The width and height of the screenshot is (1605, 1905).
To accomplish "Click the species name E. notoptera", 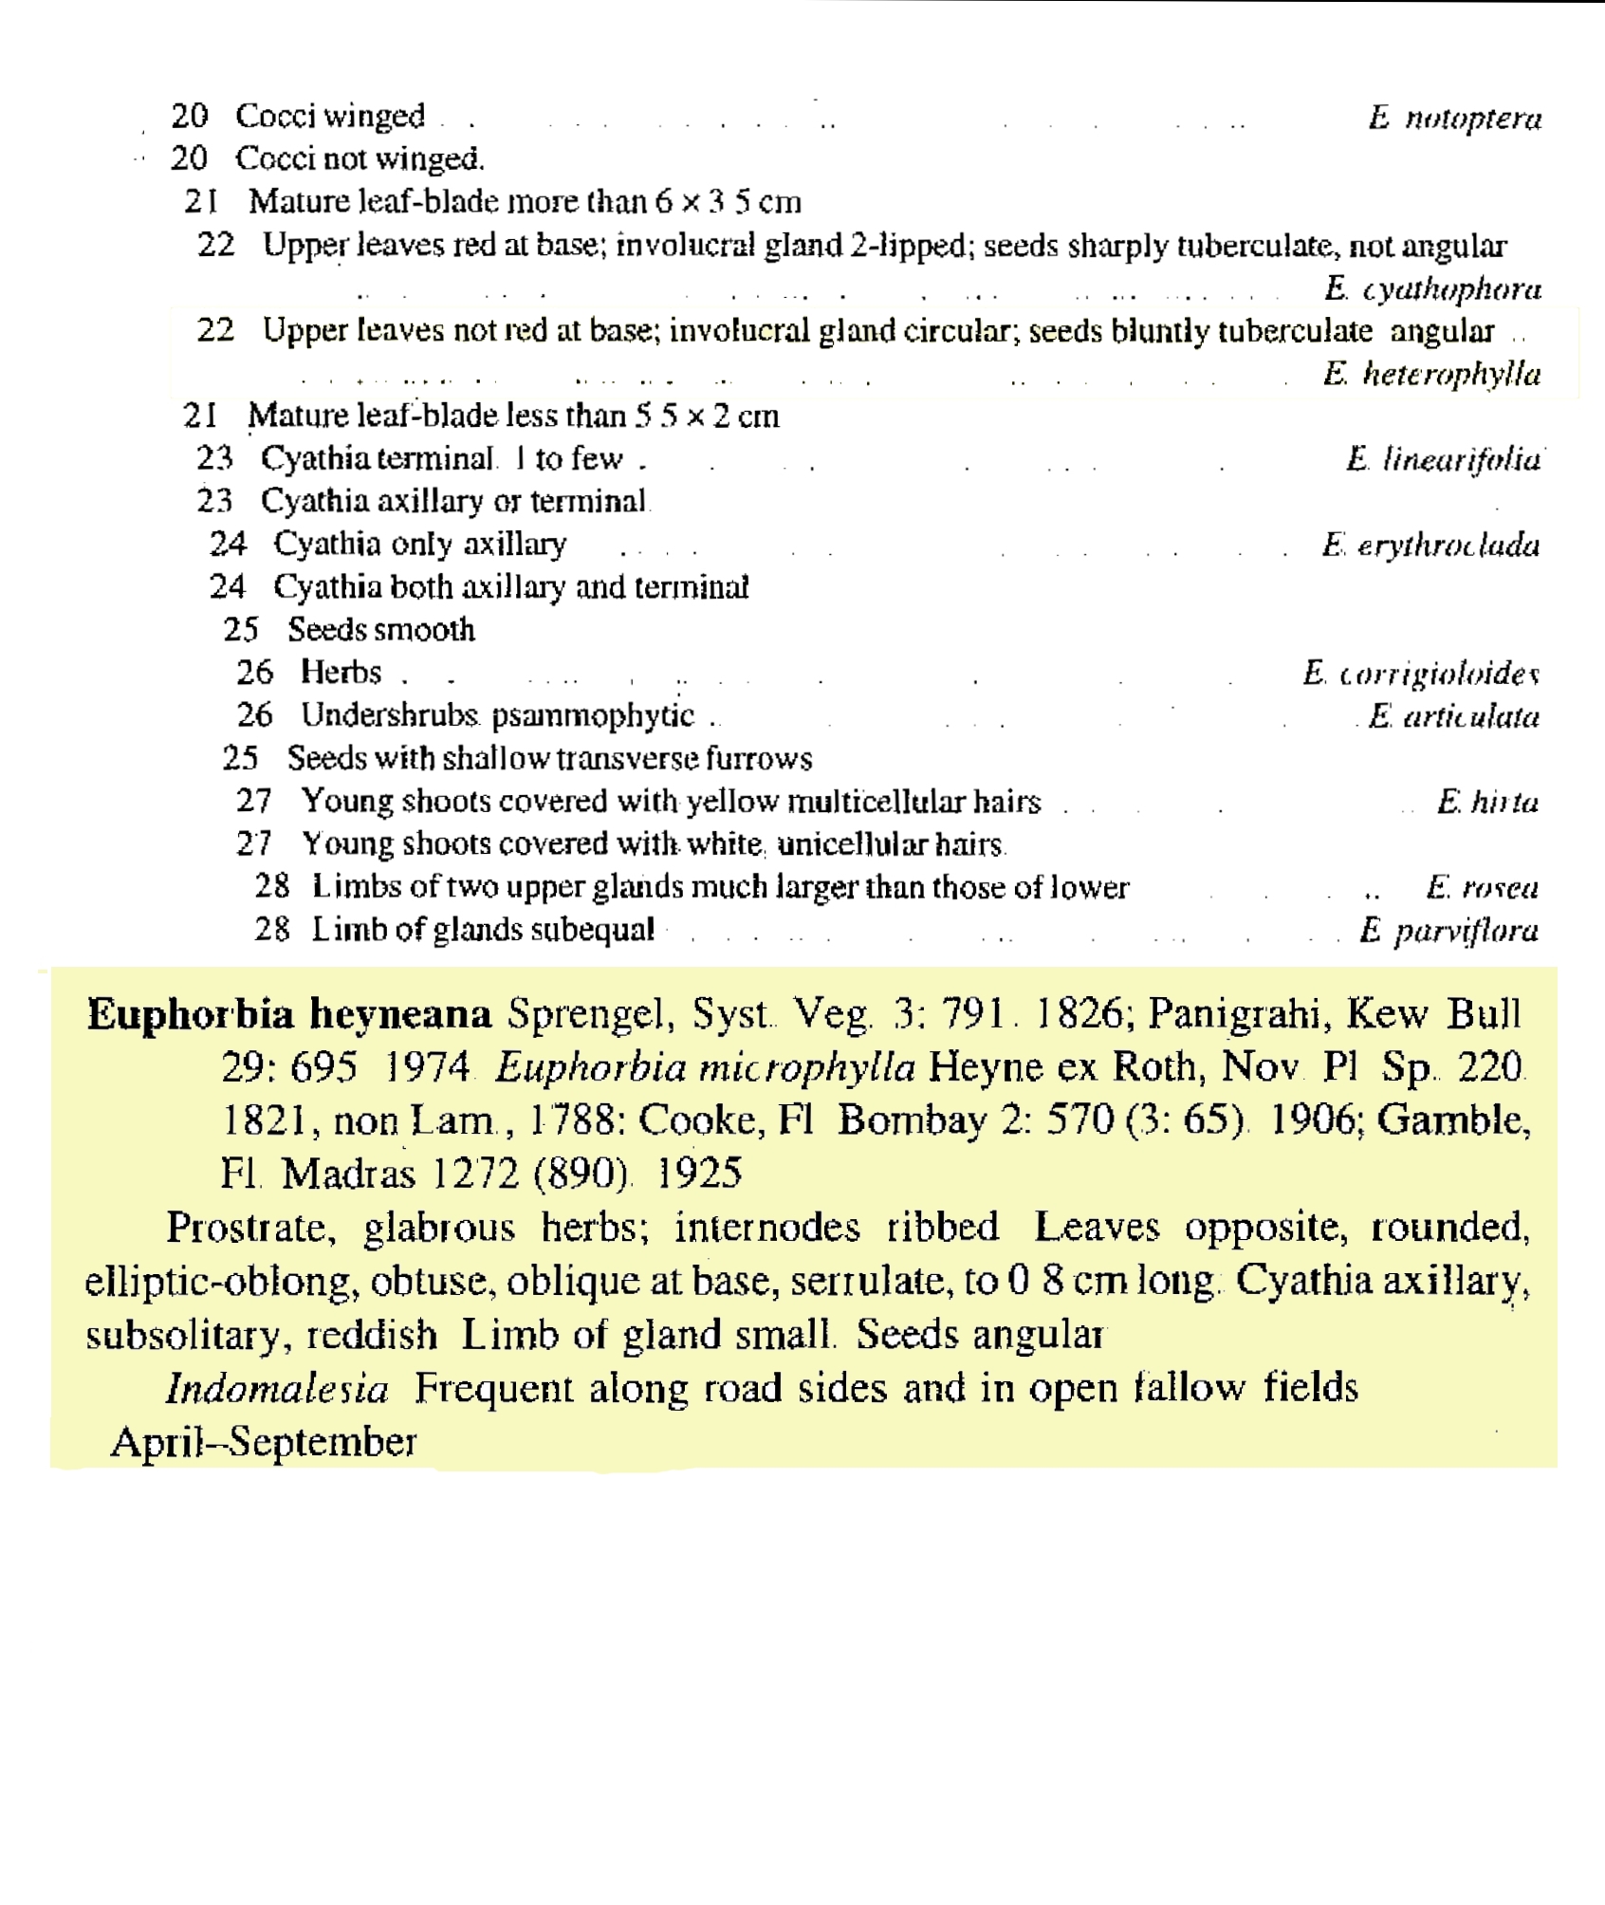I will [x=1454, y=118].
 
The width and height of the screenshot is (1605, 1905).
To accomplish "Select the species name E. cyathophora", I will [x=1432, y=287].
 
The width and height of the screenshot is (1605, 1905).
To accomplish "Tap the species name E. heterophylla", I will [x=1432, y=374].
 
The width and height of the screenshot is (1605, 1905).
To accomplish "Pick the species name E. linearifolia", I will [x=1443, y=459].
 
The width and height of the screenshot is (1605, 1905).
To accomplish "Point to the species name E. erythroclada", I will [x=1430, y=545].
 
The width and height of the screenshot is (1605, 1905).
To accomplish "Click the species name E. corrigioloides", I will [x=1420, y=673].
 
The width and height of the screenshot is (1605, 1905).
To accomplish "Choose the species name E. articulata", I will [x=1453, y=715].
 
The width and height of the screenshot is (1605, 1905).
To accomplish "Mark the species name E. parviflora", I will [x=1448, y=930].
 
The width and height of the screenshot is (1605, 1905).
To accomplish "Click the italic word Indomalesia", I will [x=277, y=1389].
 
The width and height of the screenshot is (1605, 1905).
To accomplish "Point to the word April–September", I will [x=264, y=1442].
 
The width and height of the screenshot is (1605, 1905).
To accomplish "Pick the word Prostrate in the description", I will [x=251, y=1228].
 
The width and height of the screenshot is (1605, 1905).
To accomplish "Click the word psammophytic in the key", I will [x=593, y=715].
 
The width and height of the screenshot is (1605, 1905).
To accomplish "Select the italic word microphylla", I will [x=806, y=1068].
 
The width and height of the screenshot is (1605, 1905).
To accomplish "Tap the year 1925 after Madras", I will [x=698, y=1174].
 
